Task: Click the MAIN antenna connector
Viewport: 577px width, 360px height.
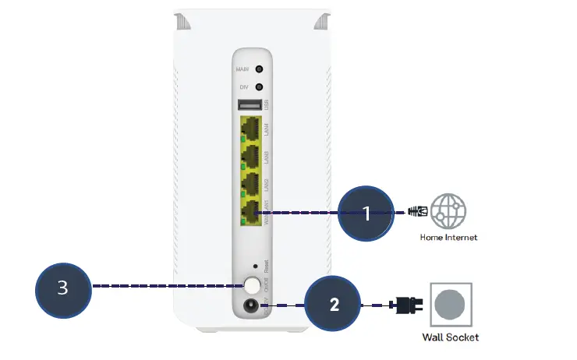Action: [258, 69]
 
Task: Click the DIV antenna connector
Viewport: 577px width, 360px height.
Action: [258, 88]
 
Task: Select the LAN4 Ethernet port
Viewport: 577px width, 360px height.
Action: [252, 128]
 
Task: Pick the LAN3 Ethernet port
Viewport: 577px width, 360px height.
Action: [252, 155]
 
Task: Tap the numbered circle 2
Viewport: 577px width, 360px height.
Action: [334, 305]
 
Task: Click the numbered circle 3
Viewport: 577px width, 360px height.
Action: [63, 288]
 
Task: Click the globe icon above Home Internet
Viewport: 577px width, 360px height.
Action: [448, 211]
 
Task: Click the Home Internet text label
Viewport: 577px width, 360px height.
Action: [448, 237]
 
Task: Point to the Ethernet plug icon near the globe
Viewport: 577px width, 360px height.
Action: [418, 211]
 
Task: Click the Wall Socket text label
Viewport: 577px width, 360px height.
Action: [451, 337]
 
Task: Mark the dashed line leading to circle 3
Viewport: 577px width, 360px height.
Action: [164, 287]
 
